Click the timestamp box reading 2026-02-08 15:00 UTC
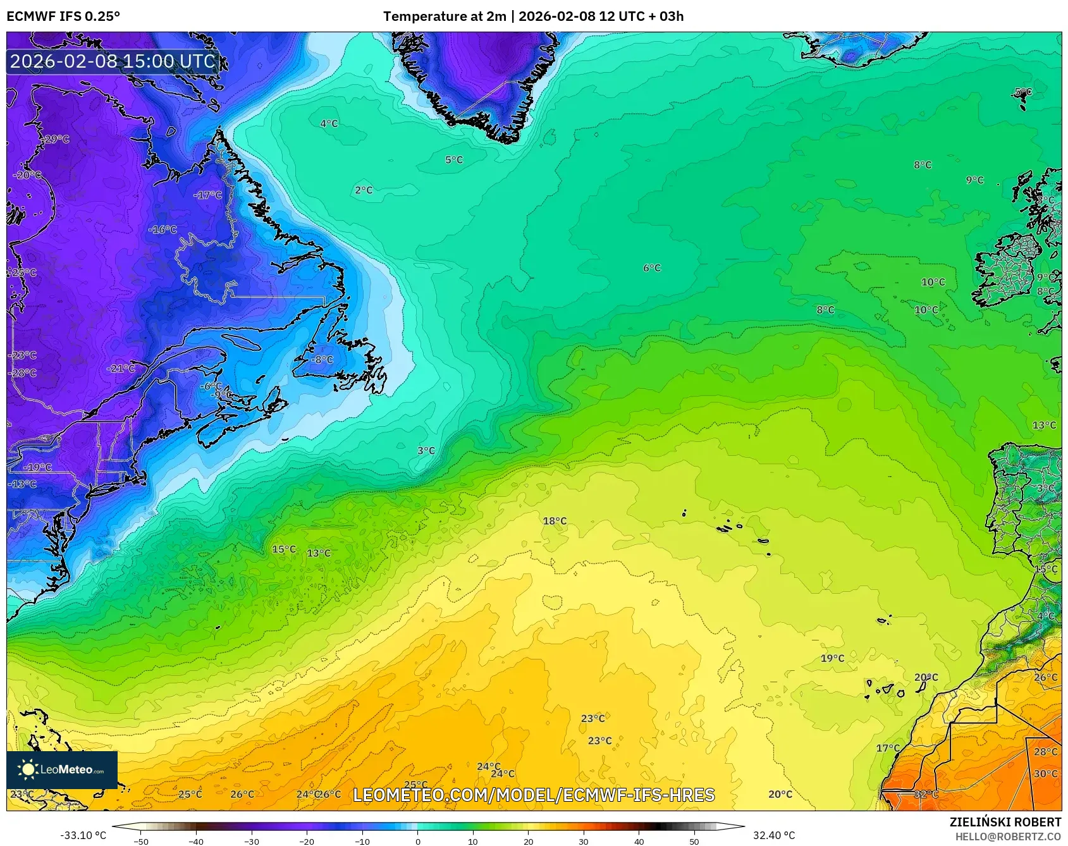113,61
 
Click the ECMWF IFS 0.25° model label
63,16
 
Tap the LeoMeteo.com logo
62,769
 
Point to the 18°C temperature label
555,521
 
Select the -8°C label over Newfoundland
321,359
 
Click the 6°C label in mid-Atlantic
652,268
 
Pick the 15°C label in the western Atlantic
284,549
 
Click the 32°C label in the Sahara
926,794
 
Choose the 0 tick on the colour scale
417,841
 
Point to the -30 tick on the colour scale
252,841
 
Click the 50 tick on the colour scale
694,841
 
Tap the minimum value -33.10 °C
83,835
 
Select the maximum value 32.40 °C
774,835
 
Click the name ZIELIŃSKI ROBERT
1005,822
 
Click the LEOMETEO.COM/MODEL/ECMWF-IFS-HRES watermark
534,795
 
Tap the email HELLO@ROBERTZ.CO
1008,837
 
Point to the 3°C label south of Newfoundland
426,451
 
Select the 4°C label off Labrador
329,124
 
